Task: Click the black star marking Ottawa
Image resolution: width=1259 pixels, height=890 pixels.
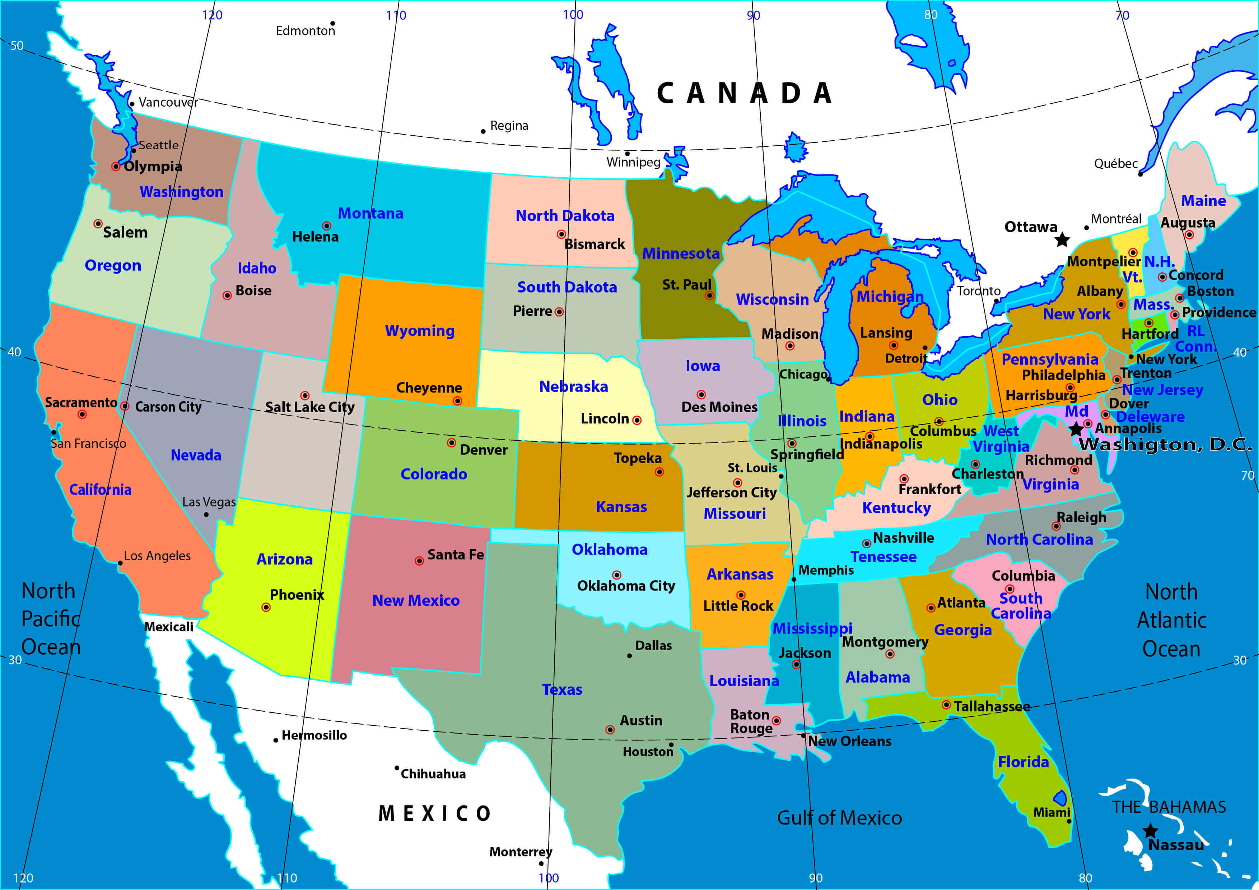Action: (1062, 239)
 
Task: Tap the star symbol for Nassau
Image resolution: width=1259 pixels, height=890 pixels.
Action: (1151, 831)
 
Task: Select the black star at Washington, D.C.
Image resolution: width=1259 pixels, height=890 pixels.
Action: (1076, 428)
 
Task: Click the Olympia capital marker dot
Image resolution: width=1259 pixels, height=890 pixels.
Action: (116, 166)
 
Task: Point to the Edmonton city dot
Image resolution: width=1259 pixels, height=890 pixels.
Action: (332, 24)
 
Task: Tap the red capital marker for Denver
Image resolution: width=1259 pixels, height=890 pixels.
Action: (451, 442)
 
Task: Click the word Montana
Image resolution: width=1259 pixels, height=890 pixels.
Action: (371, 213)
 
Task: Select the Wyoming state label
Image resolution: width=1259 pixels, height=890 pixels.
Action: (419, 331)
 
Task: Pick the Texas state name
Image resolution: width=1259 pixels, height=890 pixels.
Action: (562, 689)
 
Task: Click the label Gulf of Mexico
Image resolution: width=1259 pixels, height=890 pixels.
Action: (839, 818)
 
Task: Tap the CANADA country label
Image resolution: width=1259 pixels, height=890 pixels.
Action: (744, 93)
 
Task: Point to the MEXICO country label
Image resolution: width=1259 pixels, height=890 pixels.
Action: (434, 813)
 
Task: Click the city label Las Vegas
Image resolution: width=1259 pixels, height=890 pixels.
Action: (209, 502)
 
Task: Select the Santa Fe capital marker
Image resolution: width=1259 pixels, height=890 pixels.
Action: (419, 561)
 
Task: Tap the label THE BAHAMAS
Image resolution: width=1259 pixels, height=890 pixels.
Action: (1169, 807)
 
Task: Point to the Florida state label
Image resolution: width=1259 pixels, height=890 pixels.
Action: (1023, 762)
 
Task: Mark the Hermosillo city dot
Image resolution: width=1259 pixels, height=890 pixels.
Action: (275, 740)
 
